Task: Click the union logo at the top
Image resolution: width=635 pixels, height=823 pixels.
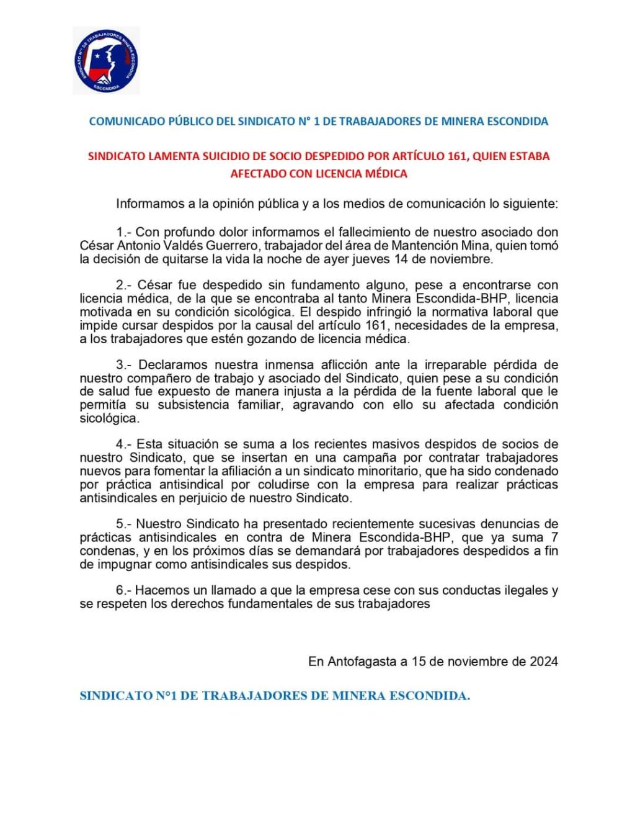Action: [106, 61]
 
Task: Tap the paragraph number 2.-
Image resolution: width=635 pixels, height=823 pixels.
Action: [124, 286]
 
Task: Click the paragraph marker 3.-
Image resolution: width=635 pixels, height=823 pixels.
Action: [124, 365]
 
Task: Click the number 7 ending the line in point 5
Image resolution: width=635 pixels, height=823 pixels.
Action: [554, 537]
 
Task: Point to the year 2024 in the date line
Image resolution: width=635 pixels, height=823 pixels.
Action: [543, 662]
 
